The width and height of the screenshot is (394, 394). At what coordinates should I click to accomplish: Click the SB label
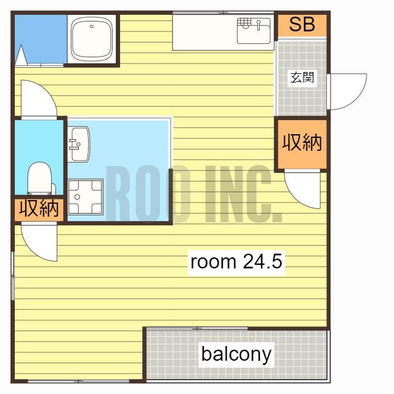tap(302, 25)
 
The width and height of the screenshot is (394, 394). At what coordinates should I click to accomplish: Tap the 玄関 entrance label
tap(302, 77)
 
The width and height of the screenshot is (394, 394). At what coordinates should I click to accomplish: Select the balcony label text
tap(236, 355)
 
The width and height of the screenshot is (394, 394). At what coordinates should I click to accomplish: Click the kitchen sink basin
tap(254, 31)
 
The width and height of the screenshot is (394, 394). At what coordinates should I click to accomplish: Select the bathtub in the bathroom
tap(91, 38)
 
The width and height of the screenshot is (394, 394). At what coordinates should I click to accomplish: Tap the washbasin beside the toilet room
tap(79, 144)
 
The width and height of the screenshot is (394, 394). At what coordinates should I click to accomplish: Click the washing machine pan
tap(86, 197)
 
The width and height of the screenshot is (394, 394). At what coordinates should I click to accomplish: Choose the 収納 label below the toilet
tap(39, 208)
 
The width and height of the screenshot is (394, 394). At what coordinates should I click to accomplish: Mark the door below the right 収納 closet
tap(303, 189)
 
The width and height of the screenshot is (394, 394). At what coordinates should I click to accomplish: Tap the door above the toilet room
tap(39, 98)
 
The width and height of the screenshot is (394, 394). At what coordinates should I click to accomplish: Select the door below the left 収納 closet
tap(39, 242)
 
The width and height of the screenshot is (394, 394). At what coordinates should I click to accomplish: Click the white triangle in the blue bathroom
tap(21, 55)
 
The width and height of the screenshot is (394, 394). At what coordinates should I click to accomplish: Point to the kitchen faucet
tap(259, 25)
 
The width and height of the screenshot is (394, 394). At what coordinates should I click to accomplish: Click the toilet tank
tap(54, 189)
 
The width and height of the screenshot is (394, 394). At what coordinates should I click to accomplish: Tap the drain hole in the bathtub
tap(92, 26)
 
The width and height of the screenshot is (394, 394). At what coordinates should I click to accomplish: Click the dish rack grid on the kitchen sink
tap(244, 22)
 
